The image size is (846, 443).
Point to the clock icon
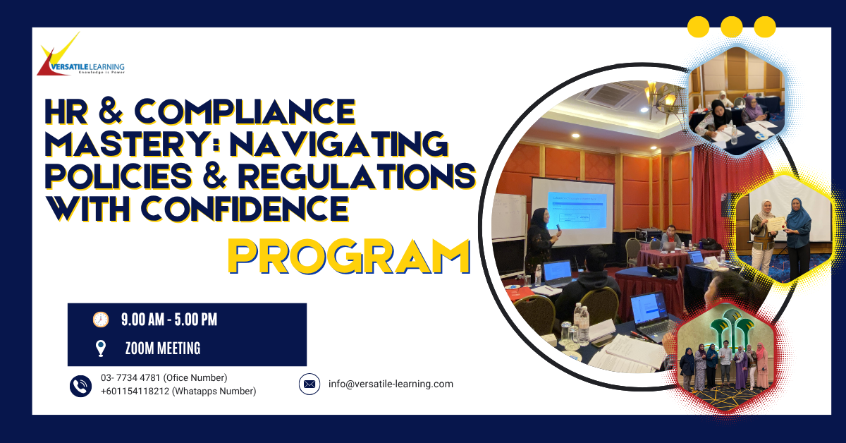(x=101, y=320)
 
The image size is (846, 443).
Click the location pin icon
(x=101, y=348)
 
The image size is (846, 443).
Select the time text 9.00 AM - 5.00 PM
(x=169, y=320)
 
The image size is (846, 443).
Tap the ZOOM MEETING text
(x=163, y=348)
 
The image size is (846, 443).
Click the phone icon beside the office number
(x=80, y=385)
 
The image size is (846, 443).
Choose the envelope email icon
(x=309, y=384)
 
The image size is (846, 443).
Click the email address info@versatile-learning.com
(x=391, y=384)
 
